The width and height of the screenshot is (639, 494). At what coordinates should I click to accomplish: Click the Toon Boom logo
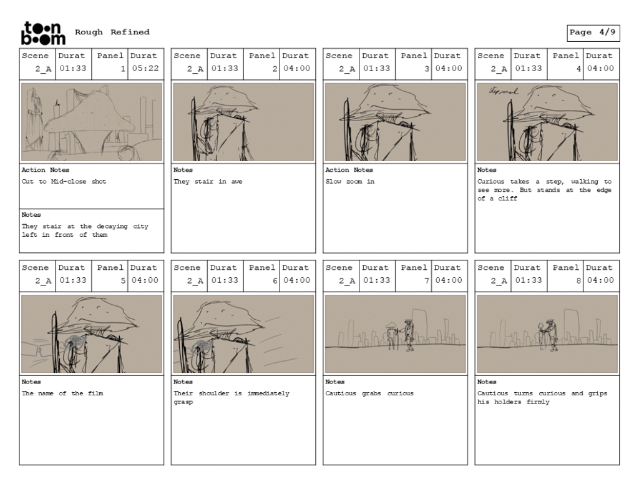[x=43, y=33]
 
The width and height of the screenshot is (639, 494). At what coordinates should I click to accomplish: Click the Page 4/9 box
[x=593, y=33]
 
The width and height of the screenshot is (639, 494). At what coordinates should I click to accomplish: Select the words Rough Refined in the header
[x=112, y=32]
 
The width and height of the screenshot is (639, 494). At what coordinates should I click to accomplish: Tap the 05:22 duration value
[x=145, y=68]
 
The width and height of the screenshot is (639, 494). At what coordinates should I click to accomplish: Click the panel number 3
[x=427, y=69]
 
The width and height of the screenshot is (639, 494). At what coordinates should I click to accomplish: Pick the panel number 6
[x=275, y=280]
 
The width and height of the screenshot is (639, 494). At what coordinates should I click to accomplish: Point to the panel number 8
[x=578, y=280]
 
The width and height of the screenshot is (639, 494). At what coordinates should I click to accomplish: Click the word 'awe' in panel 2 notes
[x=237, y=182]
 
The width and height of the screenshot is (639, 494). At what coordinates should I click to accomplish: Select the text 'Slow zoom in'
[x=349, y=182]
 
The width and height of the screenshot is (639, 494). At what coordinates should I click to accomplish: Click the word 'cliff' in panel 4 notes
[x=508, y=198]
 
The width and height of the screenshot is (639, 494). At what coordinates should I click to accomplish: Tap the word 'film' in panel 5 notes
[x=95, y=393]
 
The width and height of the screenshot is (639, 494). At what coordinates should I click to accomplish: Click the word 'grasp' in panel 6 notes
[x=183, y=402]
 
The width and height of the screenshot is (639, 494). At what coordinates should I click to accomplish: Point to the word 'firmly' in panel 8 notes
[x=538, y=402]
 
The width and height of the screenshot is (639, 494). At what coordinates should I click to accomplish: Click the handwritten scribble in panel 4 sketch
[x=504, y=91]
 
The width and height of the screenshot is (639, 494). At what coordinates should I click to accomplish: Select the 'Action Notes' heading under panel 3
[x=349, y=170]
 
